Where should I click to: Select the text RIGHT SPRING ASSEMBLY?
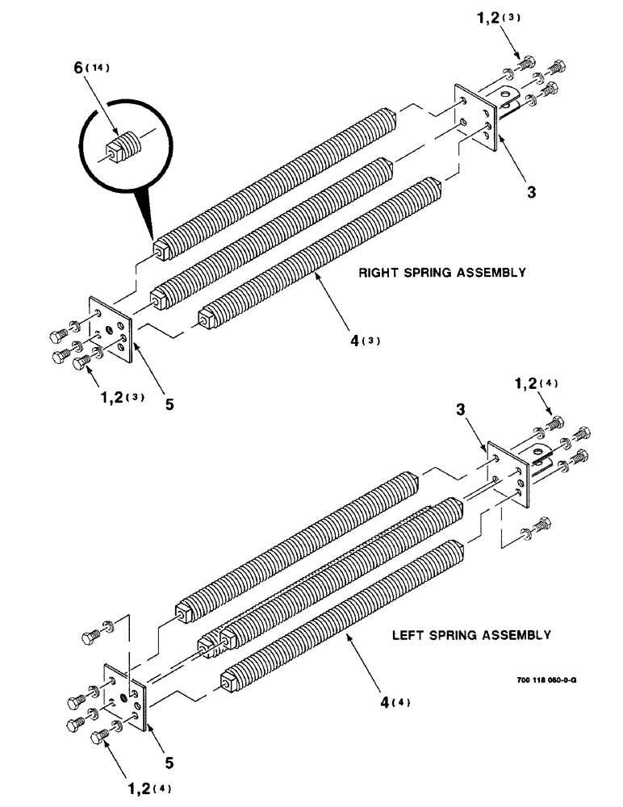pos(442,273)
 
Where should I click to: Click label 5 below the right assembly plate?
pos(169,405)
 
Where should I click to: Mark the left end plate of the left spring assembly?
pos(124,696)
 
